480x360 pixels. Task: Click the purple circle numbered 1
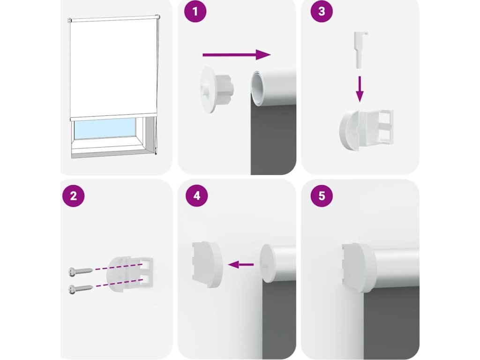[x=195, y=12]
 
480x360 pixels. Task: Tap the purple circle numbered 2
[x=73, y=196]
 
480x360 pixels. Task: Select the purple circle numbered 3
[x=322, y=12]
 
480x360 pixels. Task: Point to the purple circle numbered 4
[x=196, y=196]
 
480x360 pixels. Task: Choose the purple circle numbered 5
[x=322, y=196]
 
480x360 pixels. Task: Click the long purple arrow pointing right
[x=237, y=55]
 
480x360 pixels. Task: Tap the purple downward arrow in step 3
[x=360, y=89]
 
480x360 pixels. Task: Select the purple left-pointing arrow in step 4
[x=241, y=264]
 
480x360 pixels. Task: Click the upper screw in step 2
[x=80, y=271]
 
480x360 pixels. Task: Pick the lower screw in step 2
[x=80, y=289]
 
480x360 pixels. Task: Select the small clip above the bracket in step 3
[x=360, y=50]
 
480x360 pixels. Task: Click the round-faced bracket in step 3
[x=366, y=130]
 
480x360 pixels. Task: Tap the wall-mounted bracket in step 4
[x=207, y=264]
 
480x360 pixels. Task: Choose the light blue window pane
[x=105, y=128]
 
